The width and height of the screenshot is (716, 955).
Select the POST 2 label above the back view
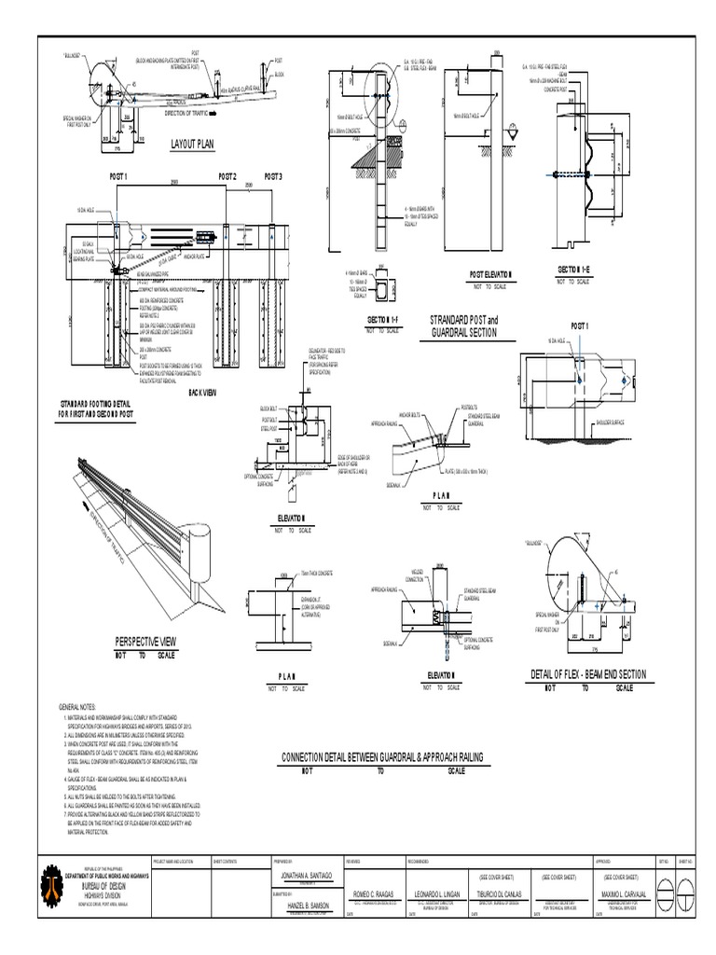pyautogui.click(x=227, y=176)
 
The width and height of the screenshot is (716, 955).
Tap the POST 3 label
pyautogui.click(x=273, y=176)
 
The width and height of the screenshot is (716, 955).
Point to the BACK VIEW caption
pyautogui.click(x=201, y=393)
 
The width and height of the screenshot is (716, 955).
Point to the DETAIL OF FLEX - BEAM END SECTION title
pyautogui.click(x=588, y=674)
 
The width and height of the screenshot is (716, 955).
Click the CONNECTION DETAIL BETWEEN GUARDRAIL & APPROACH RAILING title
pyautogui.click(x=380, y=760)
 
